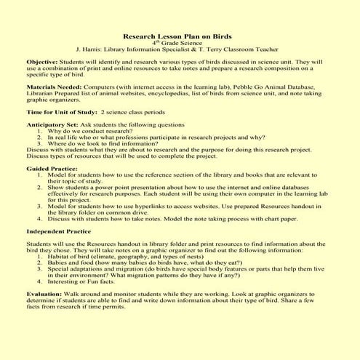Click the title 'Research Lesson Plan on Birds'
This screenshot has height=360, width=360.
[x=179, y=34]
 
